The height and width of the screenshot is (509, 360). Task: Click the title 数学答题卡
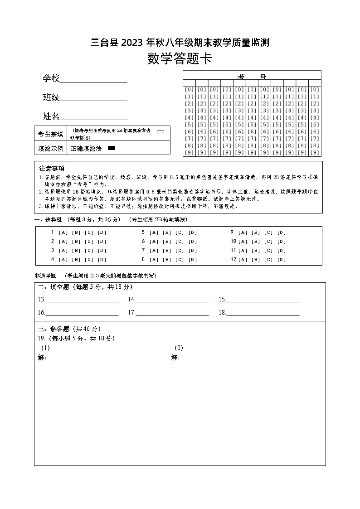[180, 59]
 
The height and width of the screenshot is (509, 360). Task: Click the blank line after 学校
[93, 80]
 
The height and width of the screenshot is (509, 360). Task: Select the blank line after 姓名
[93, 118]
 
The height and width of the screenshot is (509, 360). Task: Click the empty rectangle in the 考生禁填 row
[160, 132]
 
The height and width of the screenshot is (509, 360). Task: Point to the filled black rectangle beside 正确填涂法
[112, 148]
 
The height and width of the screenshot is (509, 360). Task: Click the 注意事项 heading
[52, 168]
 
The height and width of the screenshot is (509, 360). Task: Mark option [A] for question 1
[63, 233]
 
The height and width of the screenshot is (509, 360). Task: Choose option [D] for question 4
[102, 260]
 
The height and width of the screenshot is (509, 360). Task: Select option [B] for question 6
[167, 242]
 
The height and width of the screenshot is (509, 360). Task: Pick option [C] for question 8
[180, 260]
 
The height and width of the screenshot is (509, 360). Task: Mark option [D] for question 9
[282, 233]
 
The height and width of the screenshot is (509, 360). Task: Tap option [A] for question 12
[243, 260]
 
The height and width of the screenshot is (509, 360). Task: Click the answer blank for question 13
[82, 300]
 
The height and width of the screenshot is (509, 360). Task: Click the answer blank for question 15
[263, 300]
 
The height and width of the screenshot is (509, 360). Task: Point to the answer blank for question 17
[172, 313]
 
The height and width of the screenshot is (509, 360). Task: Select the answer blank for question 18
[263, 313]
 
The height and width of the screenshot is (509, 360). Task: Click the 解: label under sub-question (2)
[175, 358]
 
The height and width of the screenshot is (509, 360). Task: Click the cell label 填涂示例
[50, 148]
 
